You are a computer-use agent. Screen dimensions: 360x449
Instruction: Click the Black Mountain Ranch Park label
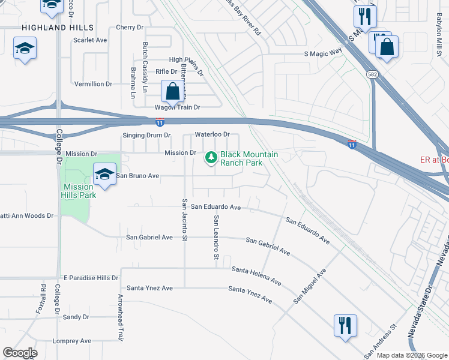click(x=249, y=158)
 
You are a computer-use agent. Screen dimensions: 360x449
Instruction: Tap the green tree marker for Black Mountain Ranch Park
click(x=211, y=158)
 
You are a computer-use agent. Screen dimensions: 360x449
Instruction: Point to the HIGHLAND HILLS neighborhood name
click(x=58, y=28)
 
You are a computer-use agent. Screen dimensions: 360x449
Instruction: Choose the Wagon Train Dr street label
click(x=177, y=107)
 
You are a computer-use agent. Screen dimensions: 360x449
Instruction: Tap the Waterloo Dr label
click(x=212, y=135)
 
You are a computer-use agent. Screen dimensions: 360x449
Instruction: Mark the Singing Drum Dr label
click(x=146, y=136)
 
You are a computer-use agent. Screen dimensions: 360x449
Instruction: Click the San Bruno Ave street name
click(x=137, y=176)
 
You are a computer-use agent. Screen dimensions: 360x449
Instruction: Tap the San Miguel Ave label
click(x=310, y=285)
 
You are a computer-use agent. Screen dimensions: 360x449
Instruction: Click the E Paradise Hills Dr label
click(x=91, y=278)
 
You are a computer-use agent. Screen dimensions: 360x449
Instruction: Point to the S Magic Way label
click(x=323, y=53)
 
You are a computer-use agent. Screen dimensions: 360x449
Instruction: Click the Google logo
click(x=20, y=353)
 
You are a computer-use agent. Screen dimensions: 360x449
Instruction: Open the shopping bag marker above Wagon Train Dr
click(x=173, y=93)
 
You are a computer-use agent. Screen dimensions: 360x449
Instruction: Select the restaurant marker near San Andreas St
click(x=345, y=326)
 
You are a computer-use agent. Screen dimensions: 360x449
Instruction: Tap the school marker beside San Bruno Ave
click(x=105, y=175)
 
